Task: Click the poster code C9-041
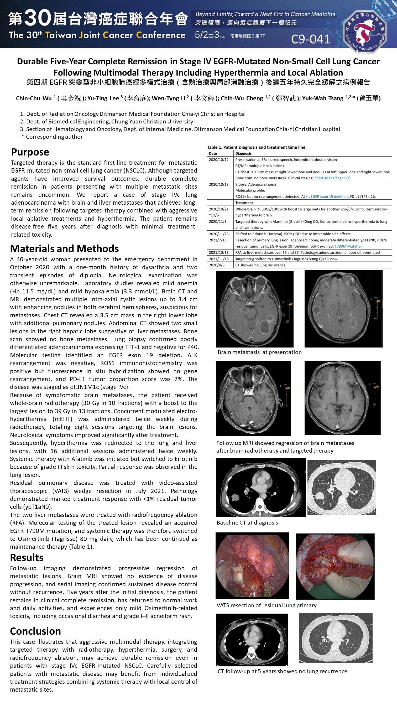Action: tap(311, 39)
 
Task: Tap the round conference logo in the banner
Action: tap(364, 31)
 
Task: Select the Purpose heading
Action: tap(30, 152)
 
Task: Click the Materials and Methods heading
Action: tap(64, 248)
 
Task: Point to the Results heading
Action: tap(27, 557)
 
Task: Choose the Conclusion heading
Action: tap(35, 631)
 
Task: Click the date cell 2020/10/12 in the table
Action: tap(219, 159)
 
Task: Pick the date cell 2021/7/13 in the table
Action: tap(218, 240)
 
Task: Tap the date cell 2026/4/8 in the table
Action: tap(217, 265)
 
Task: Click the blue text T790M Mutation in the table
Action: tap(348, 246)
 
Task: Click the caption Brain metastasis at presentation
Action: tap(259, 352)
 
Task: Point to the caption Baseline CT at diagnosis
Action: tap(247, 522)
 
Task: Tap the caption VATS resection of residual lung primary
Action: tap(266, 605)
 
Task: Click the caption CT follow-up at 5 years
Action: tap(282, 671)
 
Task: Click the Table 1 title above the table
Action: tap(256, 147)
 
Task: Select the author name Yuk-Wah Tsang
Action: tap(323, 98)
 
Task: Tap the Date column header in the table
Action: tap(213, 154)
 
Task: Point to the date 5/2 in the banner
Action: tap(201, 35)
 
